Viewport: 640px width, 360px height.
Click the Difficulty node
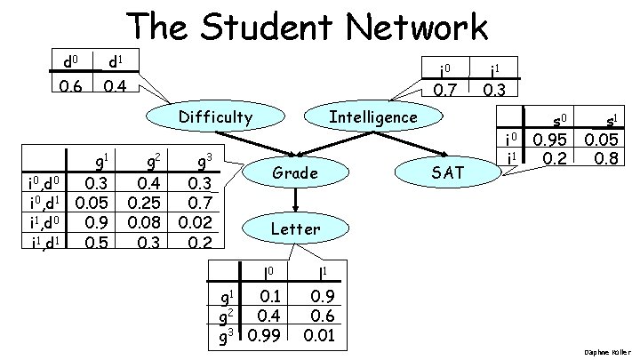tap(215, 116)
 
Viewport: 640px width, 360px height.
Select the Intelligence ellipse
tap(373, 116)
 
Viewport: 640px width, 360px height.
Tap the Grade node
tap(294, 172)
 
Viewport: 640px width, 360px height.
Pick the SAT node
tap(447, 172)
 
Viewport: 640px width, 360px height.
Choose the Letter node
tap(294, 228)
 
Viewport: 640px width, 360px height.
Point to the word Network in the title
tap(425, 28)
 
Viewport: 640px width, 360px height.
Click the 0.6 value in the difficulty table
tap(68, 87)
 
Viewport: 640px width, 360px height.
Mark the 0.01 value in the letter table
tap(318, 334)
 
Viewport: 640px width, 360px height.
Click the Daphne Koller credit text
tap(609, 353)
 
